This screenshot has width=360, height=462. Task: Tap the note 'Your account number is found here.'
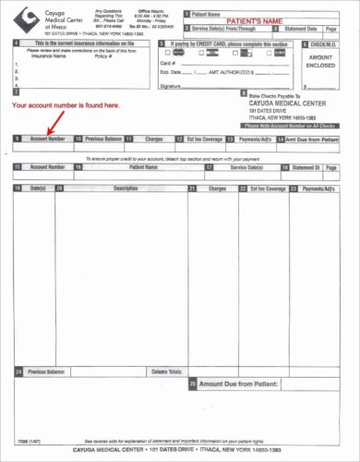(x=65, y=107)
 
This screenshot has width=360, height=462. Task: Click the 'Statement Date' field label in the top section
(x=307, y=30)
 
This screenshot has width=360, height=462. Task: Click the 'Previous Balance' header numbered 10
(x=99, y=139)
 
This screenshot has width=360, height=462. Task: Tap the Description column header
(x=125, y=188)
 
